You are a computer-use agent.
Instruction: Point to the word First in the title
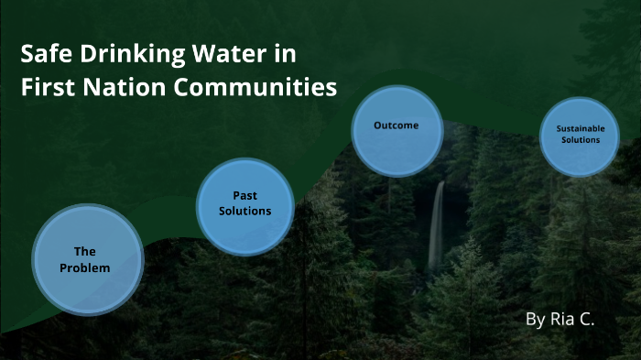(45, 89)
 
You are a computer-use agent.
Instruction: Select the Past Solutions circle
(245, 206)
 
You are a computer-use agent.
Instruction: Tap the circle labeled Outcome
(397, 130)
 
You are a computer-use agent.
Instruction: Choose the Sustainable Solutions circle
(581, 136)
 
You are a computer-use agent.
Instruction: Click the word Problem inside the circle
(85, 268)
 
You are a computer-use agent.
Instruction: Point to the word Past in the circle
(244, 196)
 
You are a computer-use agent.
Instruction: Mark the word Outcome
(397, 125)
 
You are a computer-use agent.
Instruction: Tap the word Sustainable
(581, 129)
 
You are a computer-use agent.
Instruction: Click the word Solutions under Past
(245, 211)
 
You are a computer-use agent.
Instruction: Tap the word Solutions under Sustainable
(581, 140)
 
